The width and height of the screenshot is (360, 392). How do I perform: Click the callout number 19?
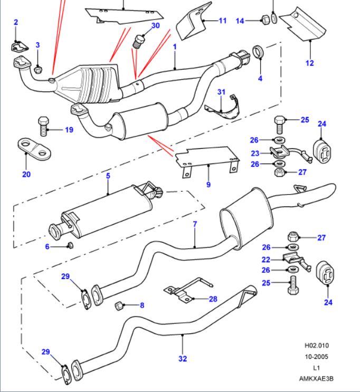pyautogui.click(x=69, y=130)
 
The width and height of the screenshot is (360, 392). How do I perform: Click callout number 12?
pyautogui.click(x=309, y=63)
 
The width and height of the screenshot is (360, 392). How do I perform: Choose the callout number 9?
pyautogui.click(x=209, y=185)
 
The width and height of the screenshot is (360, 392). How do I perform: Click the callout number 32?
pyautogui.click(x=182, y=359)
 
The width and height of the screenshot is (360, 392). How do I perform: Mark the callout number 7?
pyautogui.click(x=195, y=224)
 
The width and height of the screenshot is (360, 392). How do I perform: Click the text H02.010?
pyautogui.click(x=317, y=346)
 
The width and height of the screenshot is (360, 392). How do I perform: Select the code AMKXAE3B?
pyautogui.click(x=317, y=378)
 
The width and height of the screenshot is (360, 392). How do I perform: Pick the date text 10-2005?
pyautogui.click(x=317, y=357)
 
